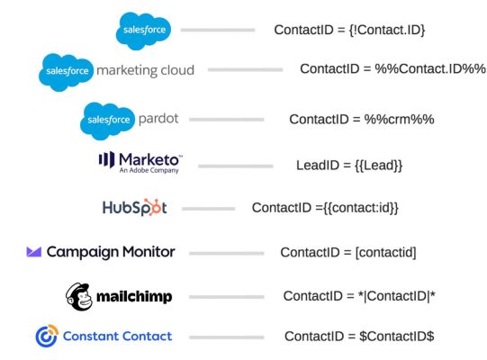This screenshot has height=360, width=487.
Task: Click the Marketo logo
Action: pyautogui.click(x=140, y=162)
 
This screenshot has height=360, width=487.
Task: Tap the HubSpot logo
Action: pyautogui.click(x=134, y=207)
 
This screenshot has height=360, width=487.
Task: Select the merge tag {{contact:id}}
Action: pyautogui.click(x=360, y=207)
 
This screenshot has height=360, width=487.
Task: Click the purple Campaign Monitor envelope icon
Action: pyautogui.click(x=34, y=252)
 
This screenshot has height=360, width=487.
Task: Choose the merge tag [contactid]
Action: pyautogui.click(x=386, y=252)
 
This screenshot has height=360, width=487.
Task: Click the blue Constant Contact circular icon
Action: pyautogui.click(x=46, y=337)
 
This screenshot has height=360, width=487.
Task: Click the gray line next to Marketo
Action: pyautogui.click(x=235, y=166)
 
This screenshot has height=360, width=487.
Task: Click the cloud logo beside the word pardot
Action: pyautogui.click(x=107, y=118)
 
